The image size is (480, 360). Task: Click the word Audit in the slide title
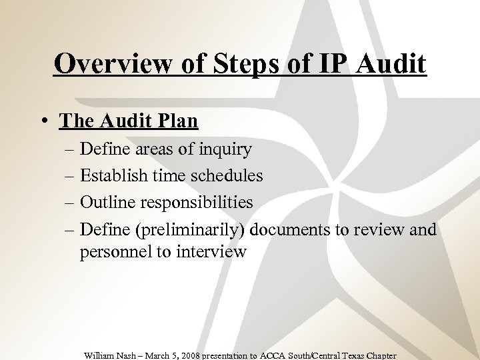391,64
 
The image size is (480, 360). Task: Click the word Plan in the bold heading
177,121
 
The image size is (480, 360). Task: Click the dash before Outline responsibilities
69,202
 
